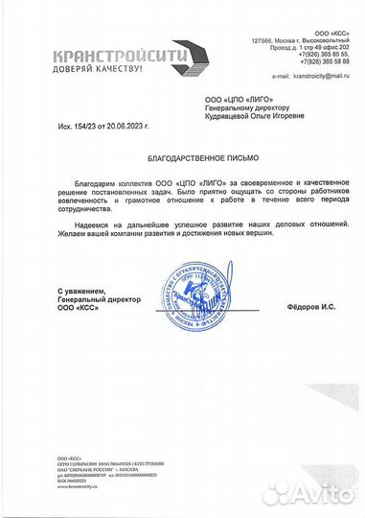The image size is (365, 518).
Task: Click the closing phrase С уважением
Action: point(81,290)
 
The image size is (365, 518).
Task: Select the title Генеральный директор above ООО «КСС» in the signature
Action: point(96,298)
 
